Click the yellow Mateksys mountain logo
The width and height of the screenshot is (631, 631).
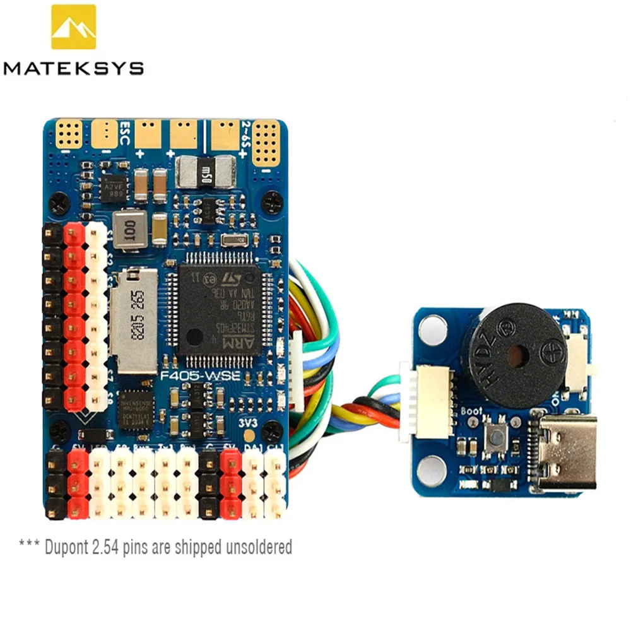[x=73, y=27]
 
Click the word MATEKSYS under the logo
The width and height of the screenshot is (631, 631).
[x=73, y=68]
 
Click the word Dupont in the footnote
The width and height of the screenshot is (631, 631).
[x=68, y=546]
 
